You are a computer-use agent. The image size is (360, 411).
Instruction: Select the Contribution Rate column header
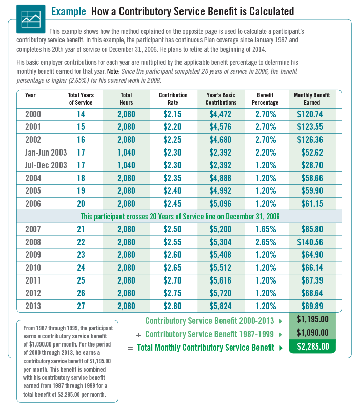(x=173, y=99)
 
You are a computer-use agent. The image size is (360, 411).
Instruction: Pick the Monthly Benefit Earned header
(x=312, y=99)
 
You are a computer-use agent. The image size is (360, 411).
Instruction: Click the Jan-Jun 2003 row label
(x=46, y=152)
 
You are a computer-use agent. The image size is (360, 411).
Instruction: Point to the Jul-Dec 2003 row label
(x=46, y=165)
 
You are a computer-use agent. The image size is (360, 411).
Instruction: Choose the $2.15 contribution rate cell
(x=173, y=114)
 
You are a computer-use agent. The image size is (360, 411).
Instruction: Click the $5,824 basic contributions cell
(x=220, y=306)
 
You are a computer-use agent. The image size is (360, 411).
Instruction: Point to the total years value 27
(x=81, y=306)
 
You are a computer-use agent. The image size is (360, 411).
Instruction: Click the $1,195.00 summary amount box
(x=312, y=320)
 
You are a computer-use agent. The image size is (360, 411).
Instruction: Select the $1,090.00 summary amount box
(x=312, y=333)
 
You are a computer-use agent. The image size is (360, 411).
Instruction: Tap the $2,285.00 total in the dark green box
(x=312, y=347)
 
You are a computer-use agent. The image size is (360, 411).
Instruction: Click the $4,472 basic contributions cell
(x=220, y=114)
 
